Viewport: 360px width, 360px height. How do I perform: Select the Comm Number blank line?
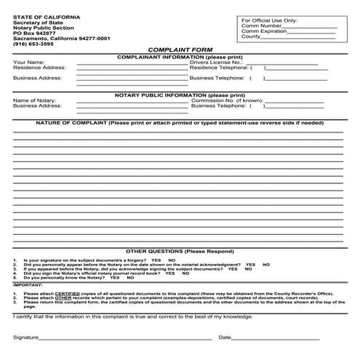click(310, 26)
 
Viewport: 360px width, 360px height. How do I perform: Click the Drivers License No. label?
click(215, 63)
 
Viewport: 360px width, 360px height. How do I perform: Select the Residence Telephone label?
click(217, 68)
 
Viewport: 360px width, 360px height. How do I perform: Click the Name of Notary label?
click(34, 100)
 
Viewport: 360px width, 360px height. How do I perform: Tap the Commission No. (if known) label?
click(225, 100)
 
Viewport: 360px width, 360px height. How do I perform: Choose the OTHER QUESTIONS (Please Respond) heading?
click(180, 250)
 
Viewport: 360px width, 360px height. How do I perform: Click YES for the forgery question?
click(156, 260)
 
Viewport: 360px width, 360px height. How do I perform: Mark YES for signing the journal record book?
click(167, 273)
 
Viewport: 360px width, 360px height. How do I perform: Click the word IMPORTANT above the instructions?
click(28, 284)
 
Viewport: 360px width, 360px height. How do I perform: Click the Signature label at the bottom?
click(26, 337)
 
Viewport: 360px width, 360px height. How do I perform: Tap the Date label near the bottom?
click(224, 337)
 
